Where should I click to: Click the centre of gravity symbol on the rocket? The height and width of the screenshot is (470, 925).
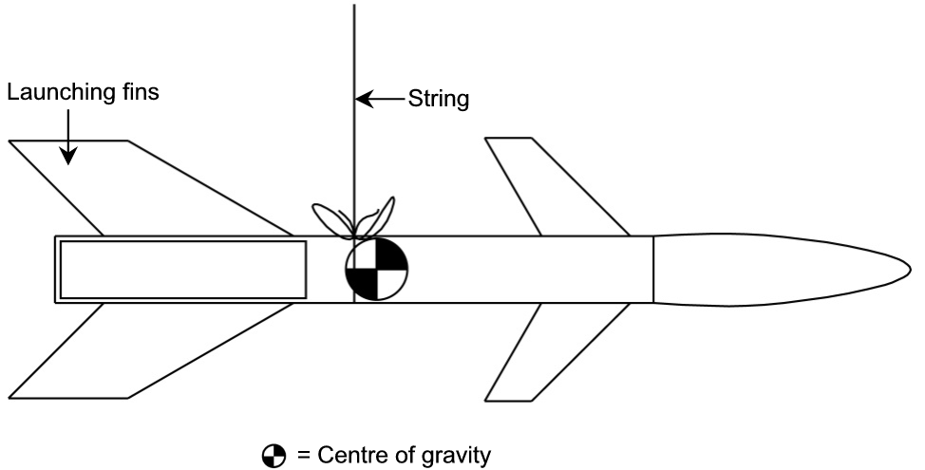pyautogui.click(x=376, y=270)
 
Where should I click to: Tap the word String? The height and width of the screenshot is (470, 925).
pyautogui.click(x=438, y=99)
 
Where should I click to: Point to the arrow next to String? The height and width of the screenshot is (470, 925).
pyautogui.click(x=380, y=99)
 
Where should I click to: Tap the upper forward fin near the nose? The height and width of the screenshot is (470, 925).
pyautogui.click(x=551, y=185)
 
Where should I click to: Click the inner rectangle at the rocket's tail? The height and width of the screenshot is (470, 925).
pyautogui.click(x=182, y=270)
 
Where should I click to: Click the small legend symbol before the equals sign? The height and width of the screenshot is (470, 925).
pyautogui.click(x=274, y=457)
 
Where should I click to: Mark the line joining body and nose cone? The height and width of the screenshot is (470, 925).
pyautogui.click(x=653, y=270)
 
